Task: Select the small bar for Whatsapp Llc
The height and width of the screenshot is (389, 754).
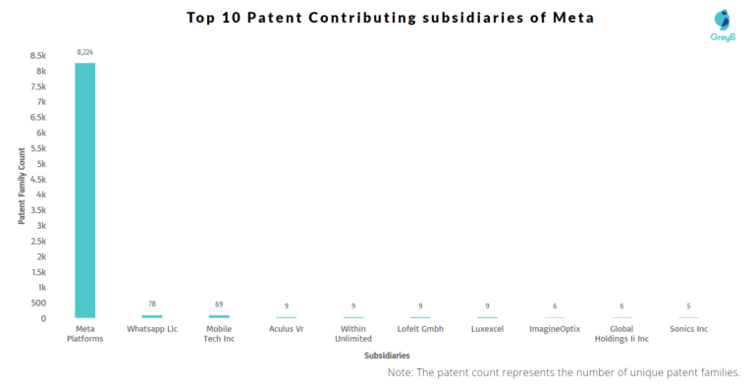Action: [152, 316]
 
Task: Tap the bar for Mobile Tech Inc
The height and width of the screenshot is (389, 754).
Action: [219, 316]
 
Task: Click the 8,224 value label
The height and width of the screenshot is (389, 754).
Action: [85, 51]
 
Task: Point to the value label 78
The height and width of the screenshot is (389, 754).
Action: [152, 305]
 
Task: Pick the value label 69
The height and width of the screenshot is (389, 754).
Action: [219, 305]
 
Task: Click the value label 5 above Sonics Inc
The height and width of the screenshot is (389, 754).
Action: [688, 306]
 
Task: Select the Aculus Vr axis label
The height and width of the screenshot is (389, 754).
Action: [287, 328]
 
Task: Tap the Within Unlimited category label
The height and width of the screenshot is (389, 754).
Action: [353, 333]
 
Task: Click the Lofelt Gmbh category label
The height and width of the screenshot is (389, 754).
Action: [420, 328]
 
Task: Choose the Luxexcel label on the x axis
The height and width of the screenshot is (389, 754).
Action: [487, 328]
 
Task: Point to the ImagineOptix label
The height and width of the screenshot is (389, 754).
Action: [554, 328]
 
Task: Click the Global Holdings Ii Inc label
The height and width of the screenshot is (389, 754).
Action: [621, 333]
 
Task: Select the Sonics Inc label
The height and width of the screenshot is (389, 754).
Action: [688, 328]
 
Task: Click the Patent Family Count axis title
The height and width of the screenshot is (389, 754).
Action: [21, 187]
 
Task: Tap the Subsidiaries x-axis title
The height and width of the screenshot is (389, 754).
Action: [387, 355]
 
